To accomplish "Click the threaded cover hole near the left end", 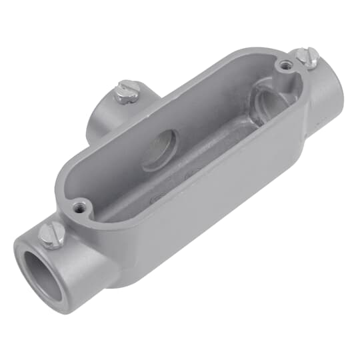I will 81,207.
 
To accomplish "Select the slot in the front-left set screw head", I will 53,231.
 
